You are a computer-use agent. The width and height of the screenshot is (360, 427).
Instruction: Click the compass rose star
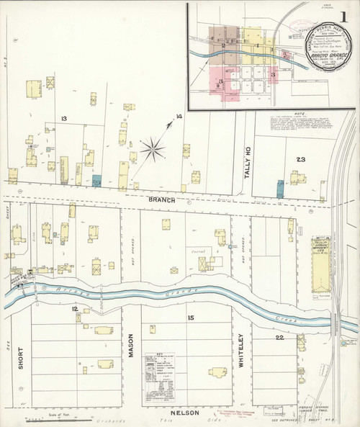(153, 150)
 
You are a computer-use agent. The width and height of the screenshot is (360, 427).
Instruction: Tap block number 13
(64, 118)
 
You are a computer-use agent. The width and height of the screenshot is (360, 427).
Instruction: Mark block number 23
(300, 159)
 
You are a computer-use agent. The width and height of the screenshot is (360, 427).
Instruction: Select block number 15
(191, 318)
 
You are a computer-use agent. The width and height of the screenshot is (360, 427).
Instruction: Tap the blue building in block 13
(96, 180)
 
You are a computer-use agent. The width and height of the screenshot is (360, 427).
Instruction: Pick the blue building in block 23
(280, 189)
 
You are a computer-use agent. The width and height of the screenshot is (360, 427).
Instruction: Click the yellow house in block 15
(217, 372)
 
